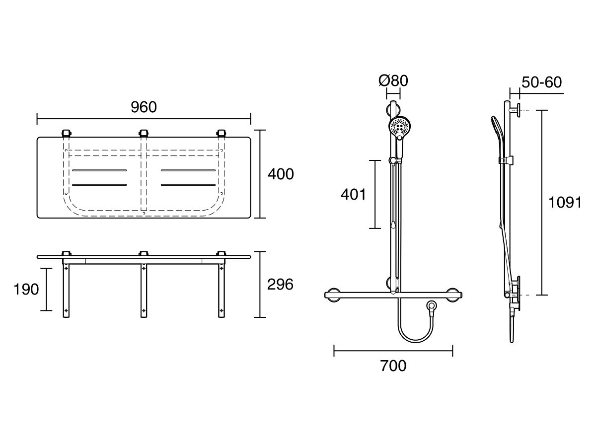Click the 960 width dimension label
[x=144, y=107]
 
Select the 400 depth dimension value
[x=281, y=174]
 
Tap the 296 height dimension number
[x=281, y=284]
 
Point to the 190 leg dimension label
[x=26, y=289]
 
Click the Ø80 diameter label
[x=393, y=80]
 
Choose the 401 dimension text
[x=354, y=194]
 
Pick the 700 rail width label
[x=393, y=366]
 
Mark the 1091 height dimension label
[x=565, y=203]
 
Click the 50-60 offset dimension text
[x=542, y=82]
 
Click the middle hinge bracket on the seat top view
[x=144, y=133]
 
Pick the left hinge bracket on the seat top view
[x=66, y=133]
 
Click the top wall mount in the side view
[x=516, y=110]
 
